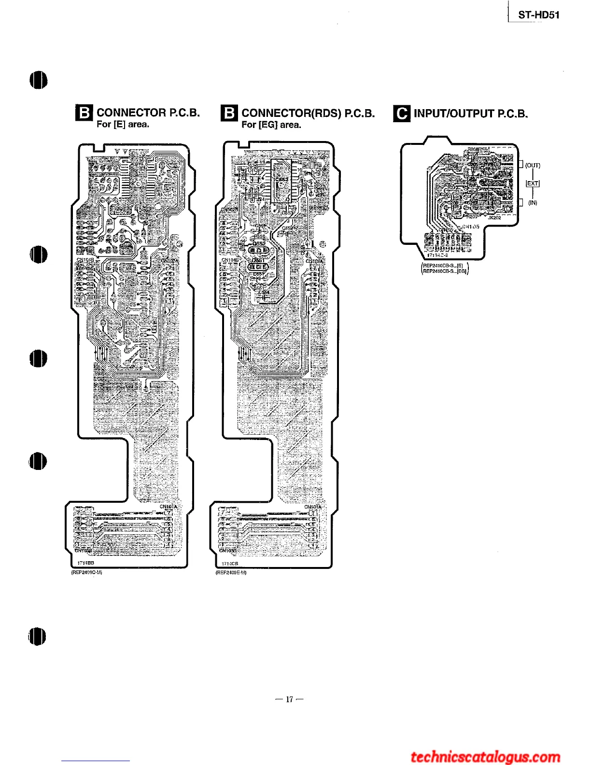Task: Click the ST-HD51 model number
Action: point(538,15)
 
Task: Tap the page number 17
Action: point(290,699)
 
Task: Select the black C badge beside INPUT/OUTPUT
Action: point(402,113)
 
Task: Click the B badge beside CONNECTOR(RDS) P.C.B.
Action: point(229,113)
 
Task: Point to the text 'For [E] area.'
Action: point(123,125)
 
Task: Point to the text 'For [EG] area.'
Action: point(271,125)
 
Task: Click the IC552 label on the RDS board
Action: point(281,180)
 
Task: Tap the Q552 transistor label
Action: point(259,244)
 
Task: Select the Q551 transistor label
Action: point(258,260)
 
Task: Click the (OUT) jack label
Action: point(533,165)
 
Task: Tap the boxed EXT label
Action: point(533,184)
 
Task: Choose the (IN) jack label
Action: point(533,203)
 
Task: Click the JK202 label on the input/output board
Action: point(494,218)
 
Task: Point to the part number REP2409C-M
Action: point(86,573)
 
